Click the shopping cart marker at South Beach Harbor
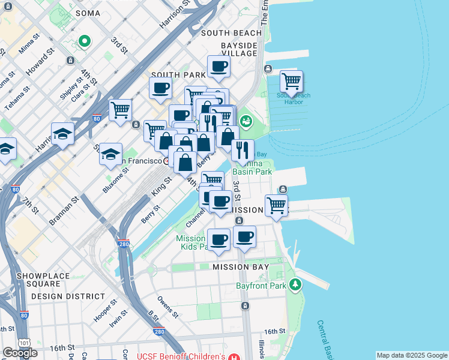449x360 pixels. pyautogui.click(x=291, y=81)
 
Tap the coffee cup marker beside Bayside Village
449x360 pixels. pyautogui.click(x=219, y=67)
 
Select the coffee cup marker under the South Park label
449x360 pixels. pyautogui.click(x=160, y=88)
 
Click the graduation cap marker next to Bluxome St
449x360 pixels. pyautogui.click(x=110, y=154)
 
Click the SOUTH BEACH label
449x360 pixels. pyautogui.click(x=231, y=33)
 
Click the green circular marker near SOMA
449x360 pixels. pyautogui.click(x=85, y=41)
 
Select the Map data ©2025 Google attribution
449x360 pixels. pyautogui.click(x=412, y=355)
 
